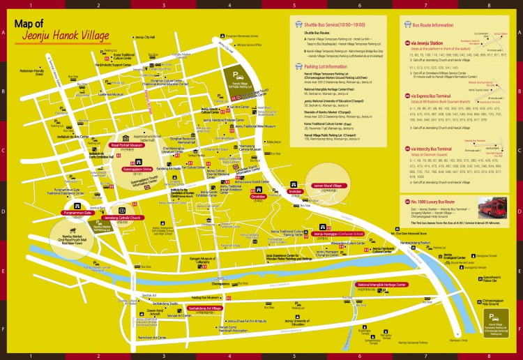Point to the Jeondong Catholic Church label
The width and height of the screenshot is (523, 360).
pyautogui.click(x=123, y=218)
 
